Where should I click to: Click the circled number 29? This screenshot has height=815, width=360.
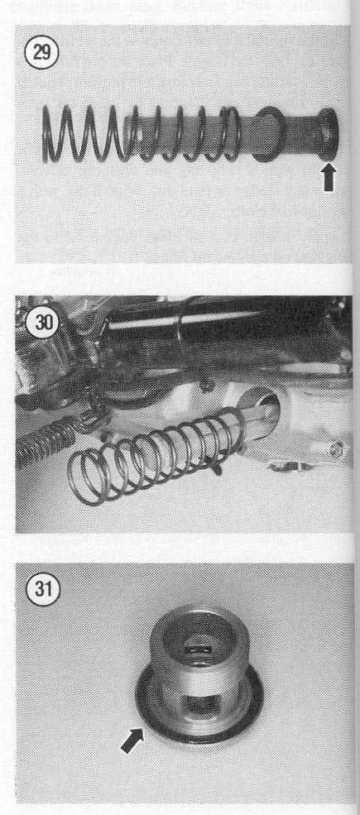(x=42, y=54)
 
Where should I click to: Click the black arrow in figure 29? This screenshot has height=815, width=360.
(x=329, y=178)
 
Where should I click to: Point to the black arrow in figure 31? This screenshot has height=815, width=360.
(x=132, y=741)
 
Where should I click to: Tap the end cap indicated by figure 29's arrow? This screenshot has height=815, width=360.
(x=328, y=133)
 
